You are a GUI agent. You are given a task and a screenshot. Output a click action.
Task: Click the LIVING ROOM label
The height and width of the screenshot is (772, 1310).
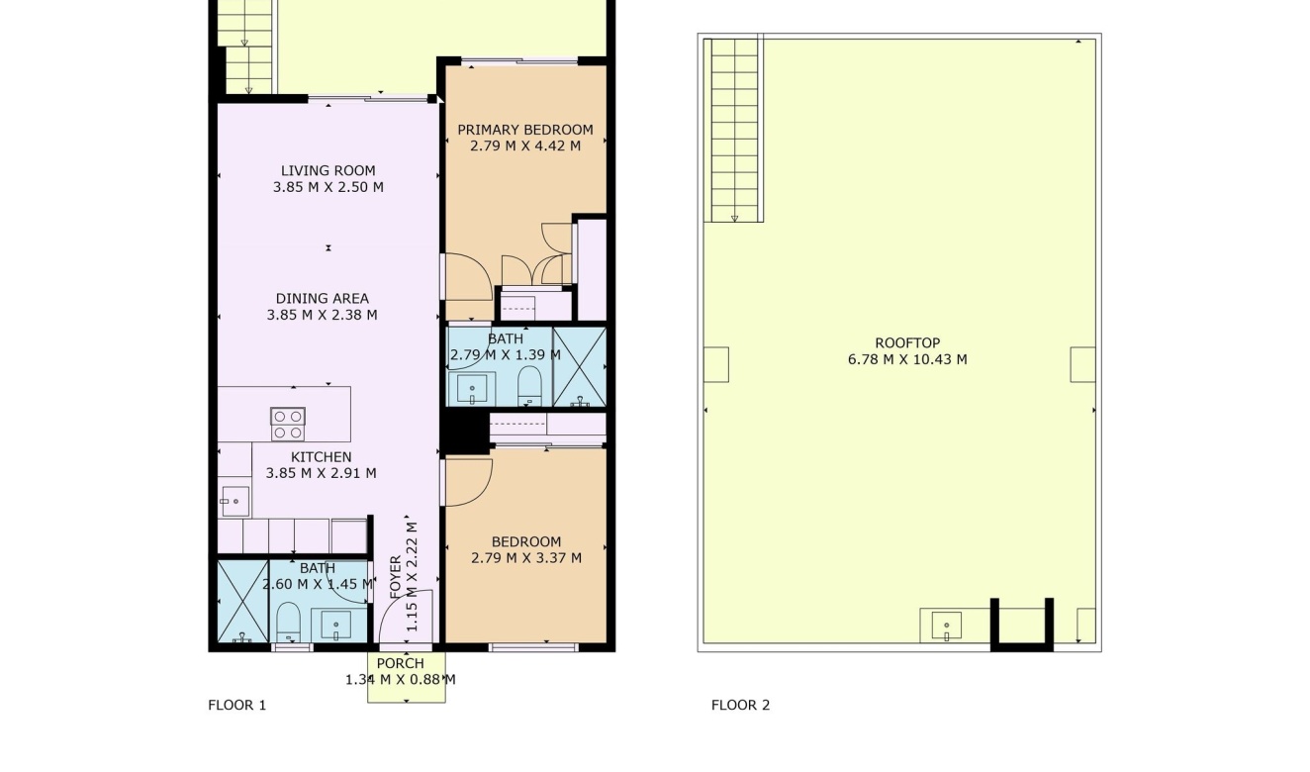pos(327,170)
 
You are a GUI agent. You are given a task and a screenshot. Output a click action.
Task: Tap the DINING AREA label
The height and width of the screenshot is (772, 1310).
pos(322,298)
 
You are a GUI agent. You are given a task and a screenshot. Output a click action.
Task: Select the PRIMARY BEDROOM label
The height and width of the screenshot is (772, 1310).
pos(524,130)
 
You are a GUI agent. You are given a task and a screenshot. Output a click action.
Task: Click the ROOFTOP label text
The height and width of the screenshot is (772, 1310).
pos(906,343)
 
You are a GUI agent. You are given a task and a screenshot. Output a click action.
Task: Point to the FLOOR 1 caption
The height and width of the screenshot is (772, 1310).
pos(236,706)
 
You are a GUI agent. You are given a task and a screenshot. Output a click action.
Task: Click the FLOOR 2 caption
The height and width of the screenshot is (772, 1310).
pos(740,706)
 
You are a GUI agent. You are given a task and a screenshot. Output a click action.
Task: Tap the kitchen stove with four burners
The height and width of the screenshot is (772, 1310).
pos(288,425)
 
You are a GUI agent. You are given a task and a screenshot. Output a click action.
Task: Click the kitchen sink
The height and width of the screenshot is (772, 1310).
pos(234,502)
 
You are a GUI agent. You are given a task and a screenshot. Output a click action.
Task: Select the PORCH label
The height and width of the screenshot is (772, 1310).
pos(400,663)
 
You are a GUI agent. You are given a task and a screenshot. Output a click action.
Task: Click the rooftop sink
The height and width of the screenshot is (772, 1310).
pos(946,626)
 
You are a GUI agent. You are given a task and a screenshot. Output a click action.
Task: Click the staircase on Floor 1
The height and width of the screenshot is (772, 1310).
pos(245,47)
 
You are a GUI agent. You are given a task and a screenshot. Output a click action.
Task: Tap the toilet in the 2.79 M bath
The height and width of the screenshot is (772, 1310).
pos(529,386)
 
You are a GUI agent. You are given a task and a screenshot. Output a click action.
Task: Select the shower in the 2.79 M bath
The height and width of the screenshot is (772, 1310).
pos(579,366)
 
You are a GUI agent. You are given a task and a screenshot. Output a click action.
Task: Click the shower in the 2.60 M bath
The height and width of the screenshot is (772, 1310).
pos(242,602)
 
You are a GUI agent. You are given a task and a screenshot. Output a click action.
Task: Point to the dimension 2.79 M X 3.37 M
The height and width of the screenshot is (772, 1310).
pos(525,558)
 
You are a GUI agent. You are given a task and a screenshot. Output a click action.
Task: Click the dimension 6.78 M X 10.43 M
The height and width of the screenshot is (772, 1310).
pos(906,360)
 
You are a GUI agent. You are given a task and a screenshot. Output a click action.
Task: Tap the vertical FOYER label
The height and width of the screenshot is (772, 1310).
pos(396,578)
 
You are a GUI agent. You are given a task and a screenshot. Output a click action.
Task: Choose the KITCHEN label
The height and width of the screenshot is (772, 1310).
pos(321,457)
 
